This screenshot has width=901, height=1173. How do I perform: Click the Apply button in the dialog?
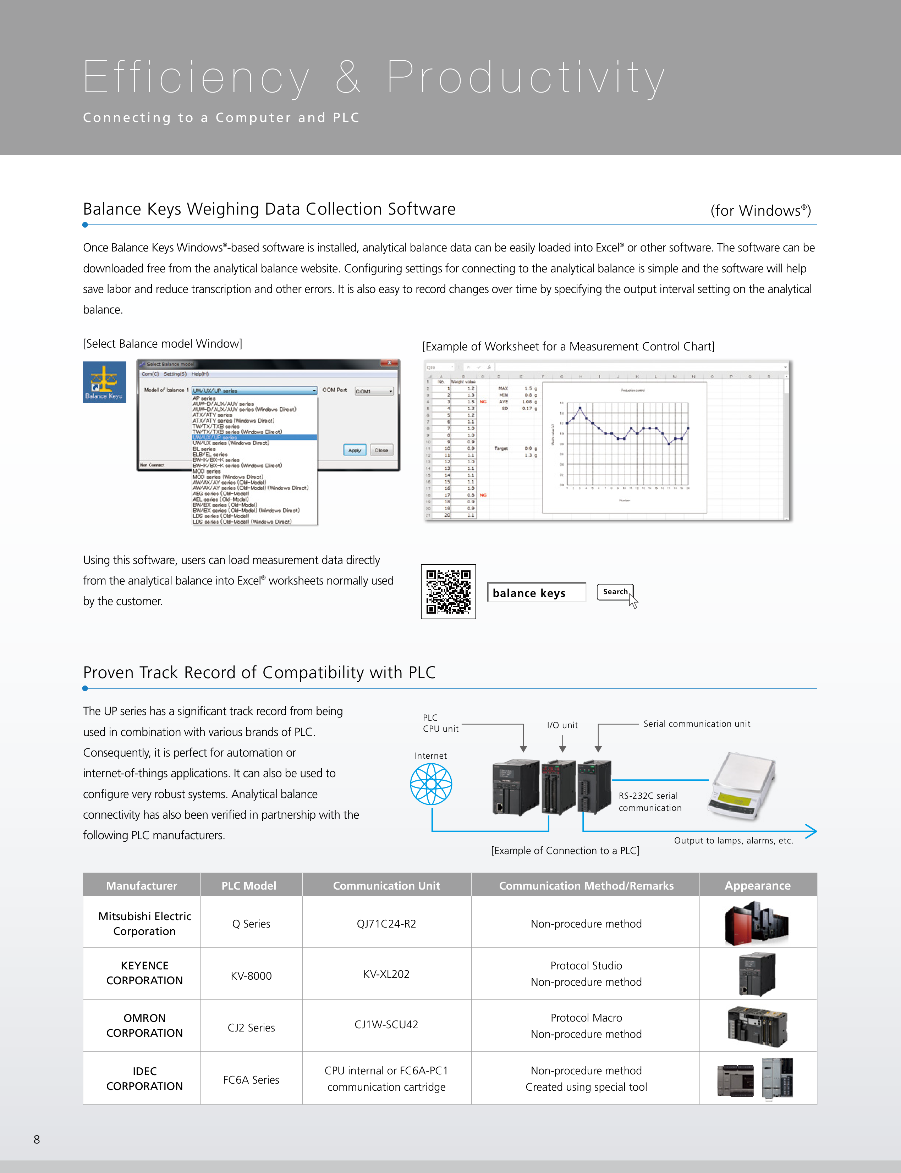pyautogui.click(x=355, y=450)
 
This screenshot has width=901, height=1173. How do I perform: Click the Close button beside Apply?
pyautogui.click(x=381, y=450)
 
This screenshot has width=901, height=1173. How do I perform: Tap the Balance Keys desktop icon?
pyautogui.click(x=105, y=382)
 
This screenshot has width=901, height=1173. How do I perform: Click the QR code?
pyautogui.click(x=448, y=591)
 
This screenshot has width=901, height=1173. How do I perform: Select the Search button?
pyautogui.click(x=615, y=592)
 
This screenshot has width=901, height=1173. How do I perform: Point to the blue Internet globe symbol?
pyautogui.click(x=431, y=784)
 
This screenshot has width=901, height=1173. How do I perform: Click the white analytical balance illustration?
pyautogui.click(x=742, y=786)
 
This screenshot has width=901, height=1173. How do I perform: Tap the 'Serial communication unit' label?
pyautogui.click(x=697, y=724)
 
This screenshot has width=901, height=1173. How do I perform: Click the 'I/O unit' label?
pyautogui.click(x=562, y=725)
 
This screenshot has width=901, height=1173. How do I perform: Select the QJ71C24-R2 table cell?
pyautogui.click(x=386, y=924)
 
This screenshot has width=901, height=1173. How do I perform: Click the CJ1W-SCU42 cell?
pyautogui.click(x=386, y=1024)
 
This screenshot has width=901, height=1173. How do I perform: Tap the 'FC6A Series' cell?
pyautogui.click(x=251, y=1080)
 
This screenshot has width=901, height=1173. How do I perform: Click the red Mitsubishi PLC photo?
pyautogui.click(x=756, y=923)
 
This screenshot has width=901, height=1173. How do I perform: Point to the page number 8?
pyautogui.click(x=37, y=1139)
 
